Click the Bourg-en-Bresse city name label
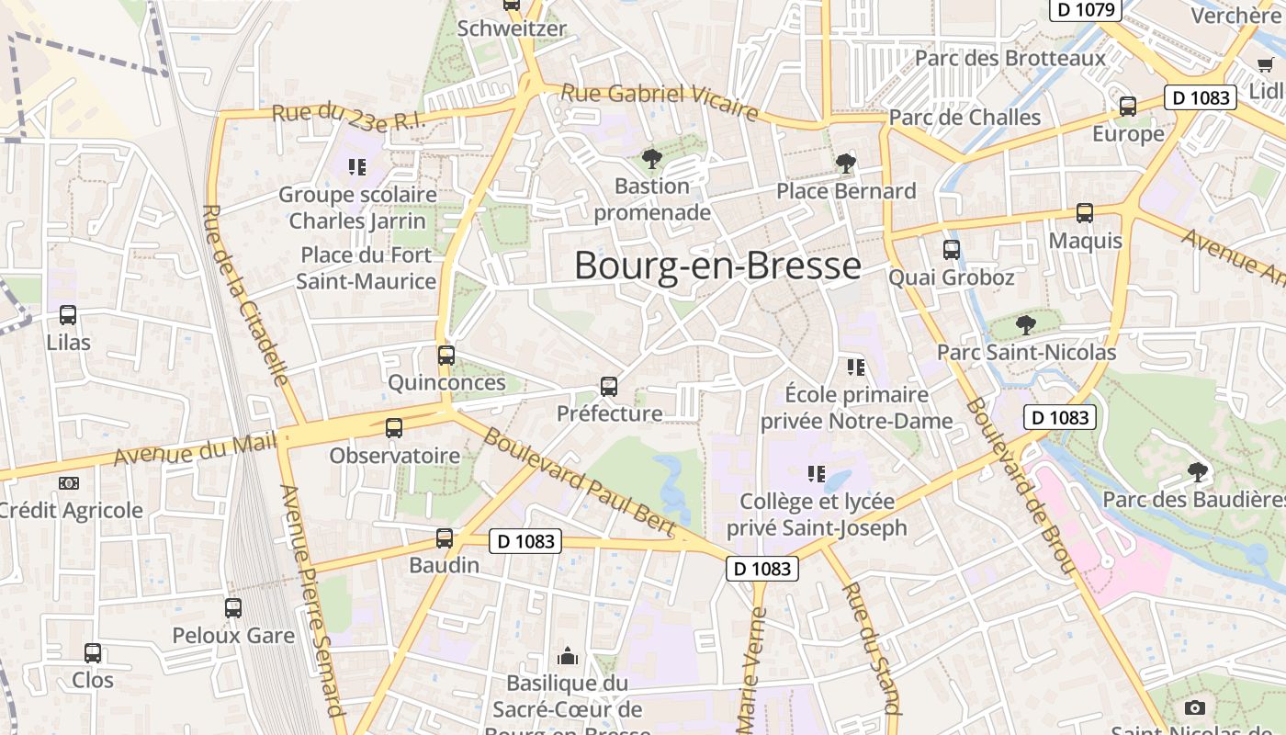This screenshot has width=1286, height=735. [717, 266]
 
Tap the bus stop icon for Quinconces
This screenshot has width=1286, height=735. [446, 355]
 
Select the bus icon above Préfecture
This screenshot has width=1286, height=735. [609, 386]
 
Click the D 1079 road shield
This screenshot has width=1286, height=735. [1086, 9]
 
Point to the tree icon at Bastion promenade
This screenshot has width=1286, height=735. [652, 159]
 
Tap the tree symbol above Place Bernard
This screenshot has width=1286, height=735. [845, 164]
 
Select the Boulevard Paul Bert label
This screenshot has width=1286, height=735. [579, 482]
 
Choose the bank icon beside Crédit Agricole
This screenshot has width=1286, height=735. [69, 483]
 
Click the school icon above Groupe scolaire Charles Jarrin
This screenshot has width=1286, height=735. [357, 166]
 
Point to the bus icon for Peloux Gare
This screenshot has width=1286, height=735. [233, 607]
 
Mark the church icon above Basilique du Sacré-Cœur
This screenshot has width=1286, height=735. [568, 656]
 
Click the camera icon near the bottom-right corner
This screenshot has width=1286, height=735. [1194, 707]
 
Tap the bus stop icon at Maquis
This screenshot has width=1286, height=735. [1085, 213]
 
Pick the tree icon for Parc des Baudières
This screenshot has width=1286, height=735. [1196, 472]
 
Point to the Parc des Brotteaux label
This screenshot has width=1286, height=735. [1010, 58]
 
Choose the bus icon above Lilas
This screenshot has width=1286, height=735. [68, 315]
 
